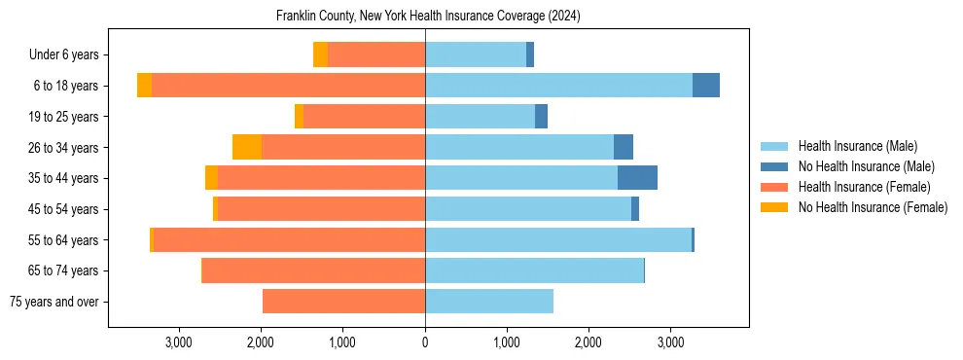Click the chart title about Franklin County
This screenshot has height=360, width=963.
coord(428,16)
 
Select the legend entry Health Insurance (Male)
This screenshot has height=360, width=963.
coord(857,146)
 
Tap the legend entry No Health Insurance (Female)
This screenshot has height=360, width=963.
coord(873,207)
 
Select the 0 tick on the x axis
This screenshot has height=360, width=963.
coord(425,342)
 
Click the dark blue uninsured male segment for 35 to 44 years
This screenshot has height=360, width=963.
coord(637,178)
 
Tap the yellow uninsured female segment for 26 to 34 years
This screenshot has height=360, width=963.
coord(247,147)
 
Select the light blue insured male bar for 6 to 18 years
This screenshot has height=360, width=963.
coord(558,86)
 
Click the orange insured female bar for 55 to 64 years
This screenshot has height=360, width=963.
coord(289,239)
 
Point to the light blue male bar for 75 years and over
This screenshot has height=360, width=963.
coord(489,302)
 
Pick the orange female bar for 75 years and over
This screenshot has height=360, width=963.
coord(343,302)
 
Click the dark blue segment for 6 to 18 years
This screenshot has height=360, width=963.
coord(706,86)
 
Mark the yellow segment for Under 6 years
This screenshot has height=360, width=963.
coord(320,54)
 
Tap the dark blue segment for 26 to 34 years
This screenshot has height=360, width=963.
coord(624,147)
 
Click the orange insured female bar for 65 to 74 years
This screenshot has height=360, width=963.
coord(313,270)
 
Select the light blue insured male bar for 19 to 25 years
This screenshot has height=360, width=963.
coord(480,117)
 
